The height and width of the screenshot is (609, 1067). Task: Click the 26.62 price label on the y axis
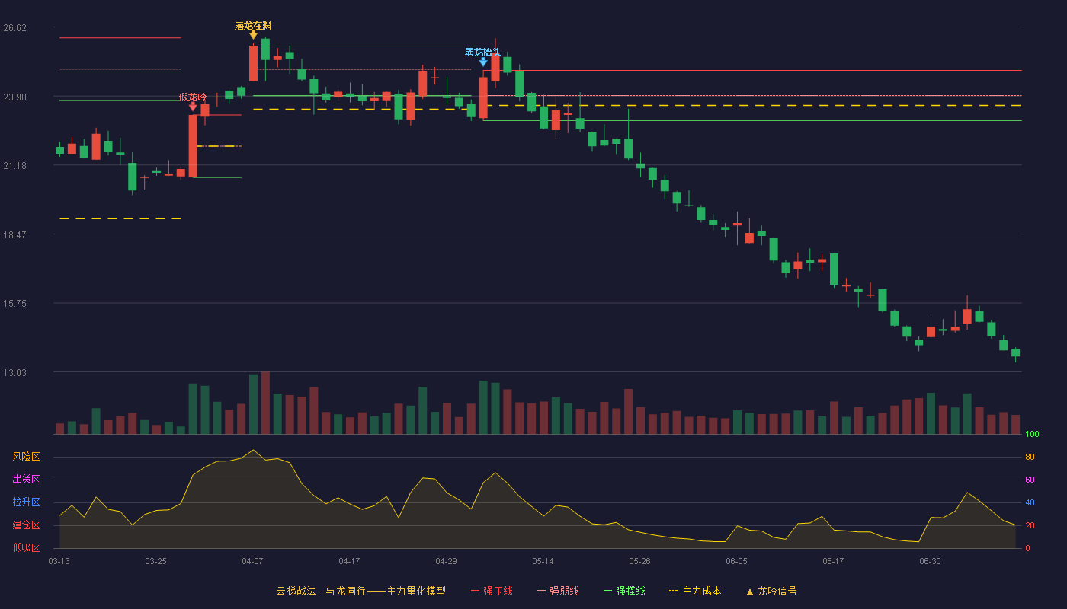click(x=14, y=28)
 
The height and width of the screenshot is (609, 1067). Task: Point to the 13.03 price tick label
click(x=14, y=372)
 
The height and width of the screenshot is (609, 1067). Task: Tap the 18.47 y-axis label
click(x=14, y=235)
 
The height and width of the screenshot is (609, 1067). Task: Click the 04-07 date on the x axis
click(x=252, y=562)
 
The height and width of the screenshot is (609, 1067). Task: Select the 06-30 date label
click(x=930, y=562)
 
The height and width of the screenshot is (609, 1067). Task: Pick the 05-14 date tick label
click(x=543, y=562)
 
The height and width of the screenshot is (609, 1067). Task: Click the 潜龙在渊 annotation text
click(x=253, y=26)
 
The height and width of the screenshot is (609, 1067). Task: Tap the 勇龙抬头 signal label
click(x=483, y=52)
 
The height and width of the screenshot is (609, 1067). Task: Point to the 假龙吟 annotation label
click(x=193, y=97)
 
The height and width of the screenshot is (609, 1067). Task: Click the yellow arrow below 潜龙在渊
click(x=253, y=35)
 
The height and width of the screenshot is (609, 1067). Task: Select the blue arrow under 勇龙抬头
click(x=483, y=62)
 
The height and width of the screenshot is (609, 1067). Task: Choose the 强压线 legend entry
click(x=492, y=591)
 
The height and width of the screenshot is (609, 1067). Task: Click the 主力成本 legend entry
click(x=695, y=591)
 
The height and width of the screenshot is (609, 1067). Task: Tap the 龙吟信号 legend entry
click(x=771, y=591)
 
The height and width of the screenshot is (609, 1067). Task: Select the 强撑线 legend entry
click(x=624, y=591)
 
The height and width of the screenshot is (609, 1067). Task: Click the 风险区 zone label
click(x=26, y=457)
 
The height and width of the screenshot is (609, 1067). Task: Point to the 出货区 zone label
click(x=26, y=479)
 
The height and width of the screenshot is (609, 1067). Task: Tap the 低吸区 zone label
click(x=26, y=547)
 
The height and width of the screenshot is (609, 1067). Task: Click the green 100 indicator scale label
click(x=1032, y=434)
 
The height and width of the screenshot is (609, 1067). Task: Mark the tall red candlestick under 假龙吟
click(x=193, y=146)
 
